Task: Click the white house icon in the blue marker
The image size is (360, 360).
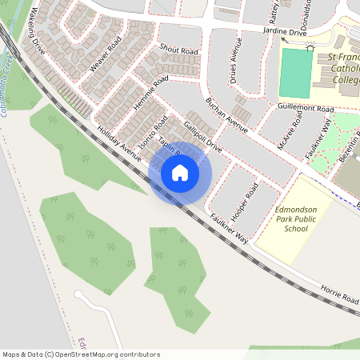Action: pos(180,172)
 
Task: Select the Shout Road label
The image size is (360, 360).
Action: pos(178,50)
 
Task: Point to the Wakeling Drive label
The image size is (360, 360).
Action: pos(38,33)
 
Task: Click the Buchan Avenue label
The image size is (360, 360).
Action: pos(227,114)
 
